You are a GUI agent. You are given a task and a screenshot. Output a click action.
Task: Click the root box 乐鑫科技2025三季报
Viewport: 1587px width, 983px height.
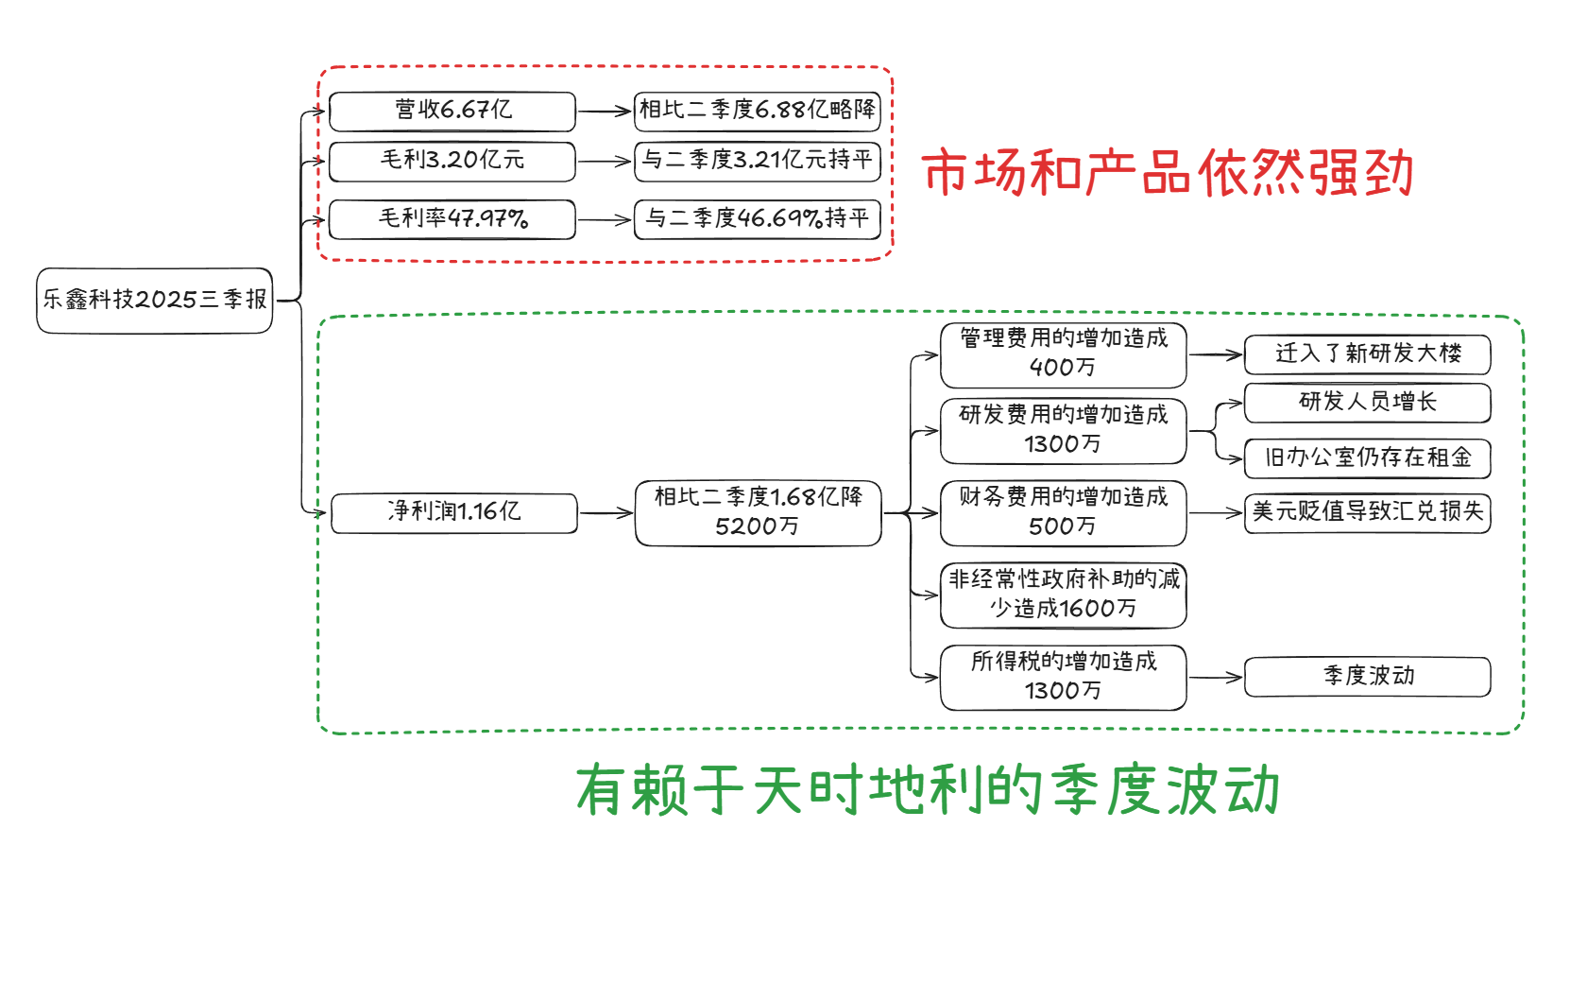155,301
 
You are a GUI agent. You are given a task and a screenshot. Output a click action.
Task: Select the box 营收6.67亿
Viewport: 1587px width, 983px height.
452,112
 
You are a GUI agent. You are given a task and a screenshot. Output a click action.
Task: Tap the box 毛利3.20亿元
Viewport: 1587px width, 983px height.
452,161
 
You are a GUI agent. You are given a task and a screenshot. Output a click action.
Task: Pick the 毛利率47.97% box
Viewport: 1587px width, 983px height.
452,219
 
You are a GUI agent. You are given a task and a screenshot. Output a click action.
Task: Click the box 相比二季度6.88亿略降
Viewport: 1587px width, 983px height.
758,111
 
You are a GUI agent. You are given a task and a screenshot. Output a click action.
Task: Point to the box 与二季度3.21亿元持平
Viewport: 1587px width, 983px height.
758,161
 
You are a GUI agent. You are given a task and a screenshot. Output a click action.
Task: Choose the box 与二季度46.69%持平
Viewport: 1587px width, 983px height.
758,219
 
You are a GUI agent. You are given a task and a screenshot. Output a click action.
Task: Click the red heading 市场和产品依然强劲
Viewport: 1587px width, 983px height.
1168,173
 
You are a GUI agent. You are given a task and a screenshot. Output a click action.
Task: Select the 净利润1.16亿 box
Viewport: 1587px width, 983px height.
454,512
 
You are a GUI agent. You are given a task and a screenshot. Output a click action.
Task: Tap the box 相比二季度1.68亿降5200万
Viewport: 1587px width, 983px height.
759,512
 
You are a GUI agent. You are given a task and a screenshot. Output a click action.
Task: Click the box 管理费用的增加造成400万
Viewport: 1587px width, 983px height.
1064,354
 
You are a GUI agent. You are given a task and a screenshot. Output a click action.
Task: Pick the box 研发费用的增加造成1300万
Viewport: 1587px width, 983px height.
1064,431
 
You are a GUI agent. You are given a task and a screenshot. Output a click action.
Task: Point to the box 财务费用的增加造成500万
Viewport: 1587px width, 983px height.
1064,512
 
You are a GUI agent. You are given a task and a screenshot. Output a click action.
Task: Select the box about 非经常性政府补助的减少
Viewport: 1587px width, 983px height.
1064,595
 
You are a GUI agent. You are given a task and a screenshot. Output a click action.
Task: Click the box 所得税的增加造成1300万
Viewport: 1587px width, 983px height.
1064,677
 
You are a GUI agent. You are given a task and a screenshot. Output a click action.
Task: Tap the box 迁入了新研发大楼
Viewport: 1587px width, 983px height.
1368,354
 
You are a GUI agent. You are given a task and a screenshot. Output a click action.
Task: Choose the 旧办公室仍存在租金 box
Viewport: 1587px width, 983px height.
1368,458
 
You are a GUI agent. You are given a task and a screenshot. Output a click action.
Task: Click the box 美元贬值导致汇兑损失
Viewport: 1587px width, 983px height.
1368,512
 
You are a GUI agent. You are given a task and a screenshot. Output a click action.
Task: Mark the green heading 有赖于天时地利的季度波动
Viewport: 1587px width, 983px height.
928,790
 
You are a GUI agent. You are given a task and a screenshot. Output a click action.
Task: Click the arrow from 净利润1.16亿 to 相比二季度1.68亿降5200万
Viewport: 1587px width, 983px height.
606,513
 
